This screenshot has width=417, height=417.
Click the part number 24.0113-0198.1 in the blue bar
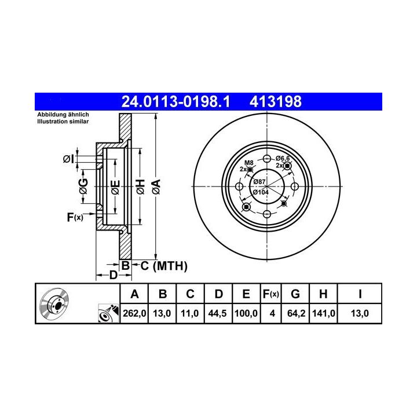click(x=175, y=101)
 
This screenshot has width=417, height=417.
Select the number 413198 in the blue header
click(x=276, y=101)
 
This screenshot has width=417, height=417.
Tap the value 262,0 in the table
click(x=134, y=313)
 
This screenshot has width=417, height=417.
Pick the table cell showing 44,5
click(x=217, y=313)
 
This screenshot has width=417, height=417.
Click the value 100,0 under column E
click(x=246, y=313)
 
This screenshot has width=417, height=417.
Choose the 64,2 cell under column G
click(x=296, y=313)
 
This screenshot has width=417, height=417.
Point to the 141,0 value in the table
click(x=323, y=313)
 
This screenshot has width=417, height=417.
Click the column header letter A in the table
click(x=134, y=294)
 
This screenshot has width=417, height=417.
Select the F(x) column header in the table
click(x=270, y=294)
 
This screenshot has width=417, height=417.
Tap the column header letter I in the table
click(x=360, y=294)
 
